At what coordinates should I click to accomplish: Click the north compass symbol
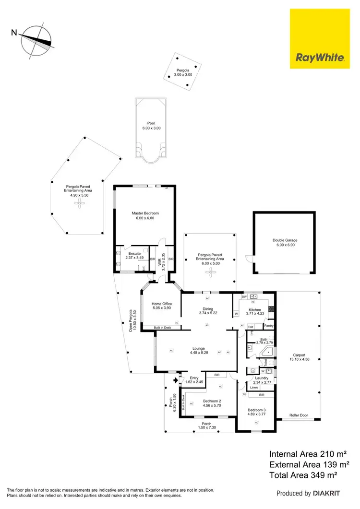(36, 40)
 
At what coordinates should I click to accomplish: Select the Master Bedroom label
(145, 213)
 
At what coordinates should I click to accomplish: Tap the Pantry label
(270, 326)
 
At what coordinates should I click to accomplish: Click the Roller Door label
(299, 415)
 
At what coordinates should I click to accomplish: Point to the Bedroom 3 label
(256, 410)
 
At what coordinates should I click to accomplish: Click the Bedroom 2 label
(212, 401)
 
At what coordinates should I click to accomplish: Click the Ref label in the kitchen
(251, 327)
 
